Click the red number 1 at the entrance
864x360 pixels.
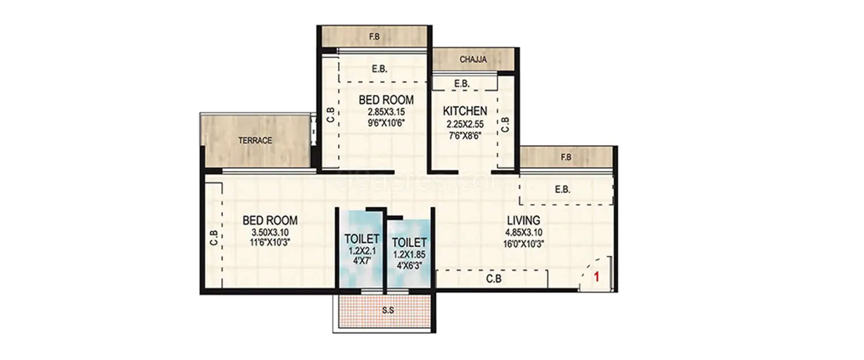[597, 277]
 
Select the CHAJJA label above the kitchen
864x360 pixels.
[473, 59]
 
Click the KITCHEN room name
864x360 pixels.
[465, 111]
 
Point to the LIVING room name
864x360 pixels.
[523, 220]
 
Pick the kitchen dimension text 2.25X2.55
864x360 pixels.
[465, 124]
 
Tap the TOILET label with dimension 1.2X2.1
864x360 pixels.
[361, 238]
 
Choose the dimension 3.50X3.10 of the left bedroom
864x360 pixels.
[270, 232]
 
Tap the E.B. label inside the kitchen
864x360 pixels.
[461, 84]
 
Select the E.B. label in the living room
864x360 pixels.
[562, 190]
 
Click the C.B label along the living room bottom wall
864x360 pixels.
[492, 279]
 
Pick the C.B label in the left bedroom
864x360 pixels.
[213, 238]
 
